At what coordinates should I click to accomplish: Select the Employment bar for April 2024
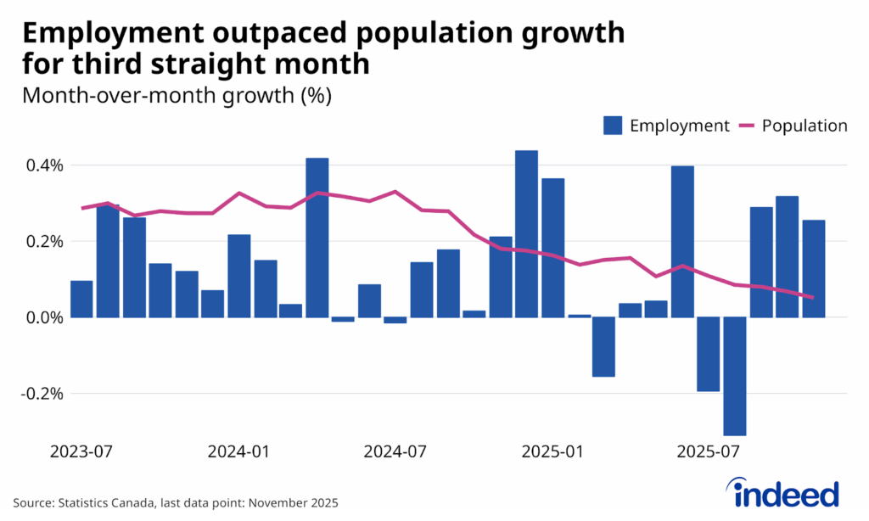click(x=317, y=238)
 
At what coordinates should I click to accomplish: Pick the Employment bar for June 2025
click(x=682, y=242)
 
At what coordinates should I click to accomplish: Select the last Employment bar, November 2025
click(x=813, y=268)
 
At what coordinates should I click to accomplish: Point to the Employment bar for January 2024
click(x=238, y=276)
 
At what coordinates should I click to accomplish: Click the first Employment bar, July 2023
click(x=81, y=299)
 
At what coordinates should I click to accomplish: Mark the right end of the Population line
click(x=813, y=298)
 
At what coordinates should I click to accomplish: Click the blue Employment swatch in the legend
click(x=614, y=126)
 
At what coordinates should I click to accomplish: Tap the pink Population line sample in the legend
click(x=747, y=126)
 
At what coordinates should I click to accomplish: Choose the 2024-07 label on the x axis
click(x=395, y=451)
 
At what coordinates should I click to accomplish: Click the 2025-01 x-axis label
click(x=552, y=451)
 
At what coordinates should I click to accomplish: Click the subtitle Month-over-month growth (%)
click(x=177, y=95)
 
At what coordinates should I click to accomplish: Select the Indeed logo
click(x=784, y=494)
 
